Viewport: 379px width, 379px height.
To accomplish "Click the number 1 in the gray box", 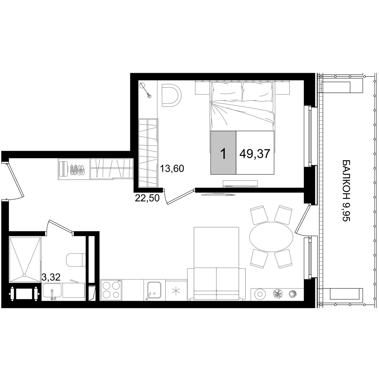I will click(x=223, y=154).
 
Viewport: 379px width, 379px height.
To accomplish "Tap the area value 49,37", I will click(x=255, y=154).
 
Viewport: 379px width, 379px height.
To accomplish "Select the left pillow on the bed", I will click(x=227, y=92).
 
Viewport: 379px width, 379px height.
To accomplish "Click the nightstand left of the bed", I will click(x=202, y=88).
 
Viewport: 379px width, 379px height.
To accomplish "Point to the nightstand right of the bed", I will click(x=282, y=88).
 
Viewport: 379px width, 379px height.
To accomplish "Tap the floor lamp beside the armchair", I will click(x=145, y=90).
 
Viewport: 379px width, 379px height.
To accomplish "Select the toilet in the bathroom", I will click(x=75, y=260).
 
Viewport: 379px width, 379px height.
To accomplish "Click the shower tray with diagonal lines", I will click(x=25, y=260).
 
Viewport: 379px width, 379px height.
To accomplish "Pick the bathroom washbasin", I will click(x=52, y=291).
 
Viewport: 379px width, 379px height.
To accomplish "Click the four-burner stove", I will click(x=111, y=290).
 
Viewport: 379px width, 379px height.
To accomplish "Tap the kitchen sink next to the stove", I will click(x=154, y=290).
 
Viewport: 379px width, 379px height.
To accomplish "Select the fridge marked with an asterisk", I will click(x=176, y=291).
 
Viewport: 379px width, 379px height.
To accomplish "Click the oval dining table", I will click(x=271, y=237).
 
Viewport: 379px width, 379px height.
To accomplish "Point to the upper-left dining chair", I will click(x=259, y=214).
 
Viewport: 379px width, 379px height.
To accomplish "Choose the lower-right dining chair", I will click(x=283, y=258).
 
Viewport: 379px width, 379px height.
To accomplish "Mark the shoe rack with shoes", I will click(x=74, y=169).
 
